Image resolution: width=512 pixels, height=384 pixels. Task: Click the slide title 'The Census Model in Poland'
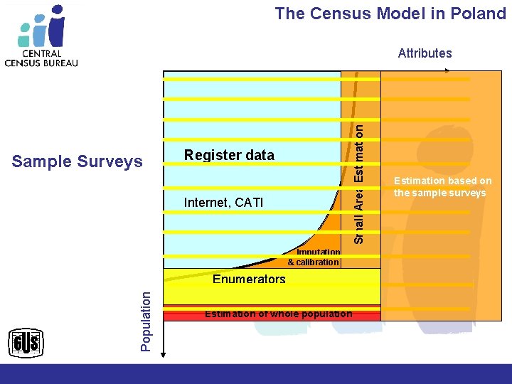click(x=390, y=14)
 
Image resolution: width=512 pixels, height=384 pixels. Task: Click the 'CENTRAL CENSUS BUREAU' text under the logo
click(x=41, y=58)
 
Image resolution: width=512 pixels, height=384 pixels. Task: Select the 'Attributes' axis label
click(x=425, y=53)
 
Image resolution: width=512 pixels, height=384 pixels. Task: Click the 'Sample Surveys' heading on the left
click(x=78, y=162)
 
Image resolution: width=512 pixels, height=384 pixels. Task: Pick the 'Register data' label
click(x=228, y=156)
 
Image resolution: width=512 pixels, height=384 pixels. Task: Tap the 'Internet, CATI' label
click(x=223, y=203)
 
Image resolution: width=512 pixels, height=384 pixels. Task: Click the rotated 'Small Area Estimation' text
click(x=360, y=183)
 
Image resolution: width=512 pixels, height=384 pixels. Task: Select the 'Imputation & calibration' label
click(x=314, y=257)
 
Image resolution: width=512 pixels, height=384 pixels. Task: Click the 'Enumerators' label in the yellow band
click(x=249, y=279)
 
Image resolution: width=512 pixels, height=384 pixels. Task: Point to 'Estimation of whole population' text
click(x=278, y=314)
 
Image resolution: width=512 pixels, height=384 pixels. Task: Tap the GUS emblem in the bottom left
click(x=26, y=345)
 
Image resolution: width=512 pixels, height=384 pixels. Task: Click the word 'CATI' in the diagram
click(x=248, y=203)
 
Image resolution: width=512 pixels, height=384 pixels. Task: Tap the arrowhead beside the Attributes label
click(x=447, y=70)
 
